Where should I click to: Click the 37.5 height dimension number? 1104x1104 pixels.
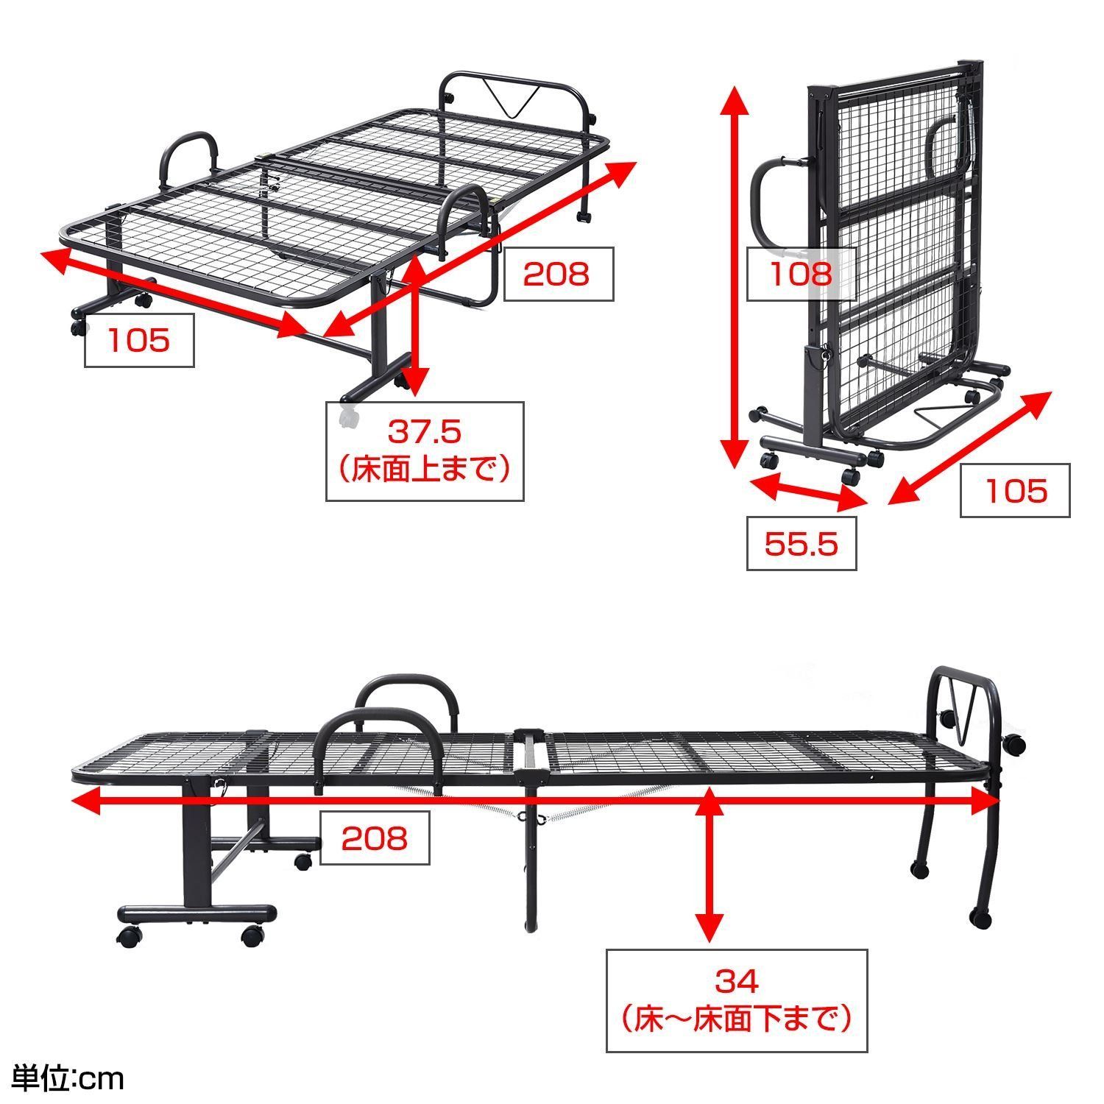[x=425, y=431]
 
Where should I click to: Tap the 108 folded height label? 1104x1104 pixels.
[x=801, y=275]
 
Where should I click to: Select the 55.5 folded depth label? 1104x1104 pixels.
[x=802, y=544]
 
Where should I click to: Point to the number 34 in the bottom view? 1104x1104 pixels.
[x=736, y=981]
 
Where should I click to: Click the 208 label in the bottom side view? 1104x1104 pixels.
[x=374, y=838]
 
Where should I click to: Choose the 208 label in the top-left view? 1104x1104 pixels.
[x=556, y=274]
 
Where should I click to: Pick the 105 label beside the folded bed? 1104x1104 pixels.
[x=1015, y=490]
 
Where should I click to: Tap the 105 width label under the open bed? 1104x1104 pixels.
[x=139, y=340]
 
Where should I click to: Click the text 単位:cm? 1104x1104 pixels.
[x=63, y=1079]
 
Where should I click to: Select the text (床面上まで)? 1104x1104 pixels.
[x=425, y=469]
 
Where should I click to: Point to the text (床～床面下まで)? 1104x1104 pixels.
[x=736, y=1019]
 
